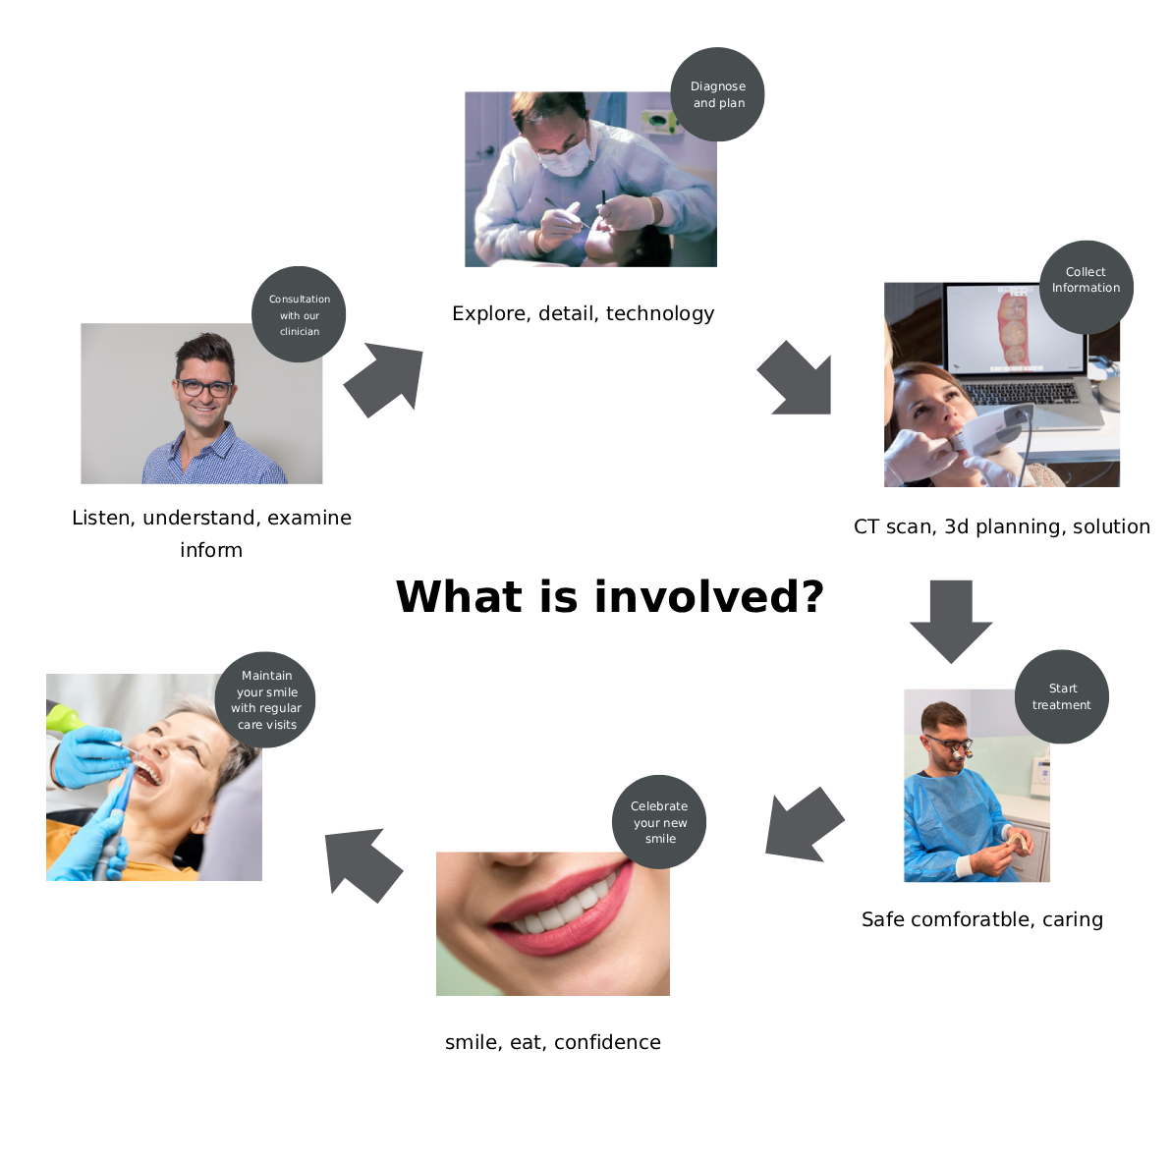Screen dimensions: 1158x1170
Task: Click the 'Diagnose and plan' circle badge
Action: [717, 94]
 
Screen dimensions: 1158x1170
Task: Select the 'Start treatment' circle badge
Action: [1061, 696]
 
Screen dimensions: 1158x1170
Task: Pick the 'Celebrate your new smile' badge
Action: [659, 822]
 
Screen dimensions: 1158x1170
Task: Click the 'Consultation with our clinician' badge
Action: [299, 314]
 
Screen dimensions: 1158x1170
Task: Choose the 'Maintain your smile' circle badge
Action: [265, 699]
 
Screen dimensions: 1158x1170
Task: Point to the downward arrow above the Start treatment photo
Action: [951, 619]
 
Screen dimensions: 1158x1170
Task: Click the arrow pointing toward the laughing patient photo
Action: [362, 862]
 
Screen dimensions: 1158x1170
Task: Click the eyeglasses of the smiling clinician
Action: [205, 388]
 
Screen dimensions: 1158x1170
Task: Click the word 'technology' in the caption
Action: [660, 313]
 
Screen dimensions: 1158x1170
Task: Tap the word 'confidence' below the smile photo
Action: [607, 1042]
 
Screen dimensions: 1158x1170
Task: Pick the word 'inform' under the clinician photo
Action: [211, 550]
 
